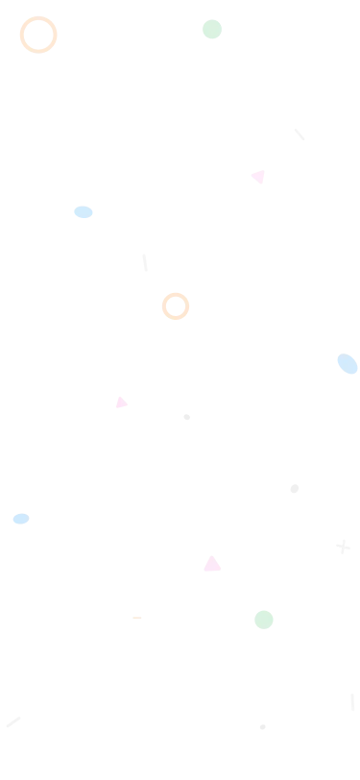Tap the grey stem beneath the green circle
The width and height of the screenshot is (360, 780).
[211, 41]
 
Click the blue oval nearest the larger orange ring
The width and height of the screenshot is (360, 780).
[84, 212]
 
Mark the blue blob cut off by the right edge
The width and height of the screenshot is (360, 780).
[347, 364]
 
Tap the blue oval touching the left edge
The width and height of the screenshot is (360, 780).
[19, 520]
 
